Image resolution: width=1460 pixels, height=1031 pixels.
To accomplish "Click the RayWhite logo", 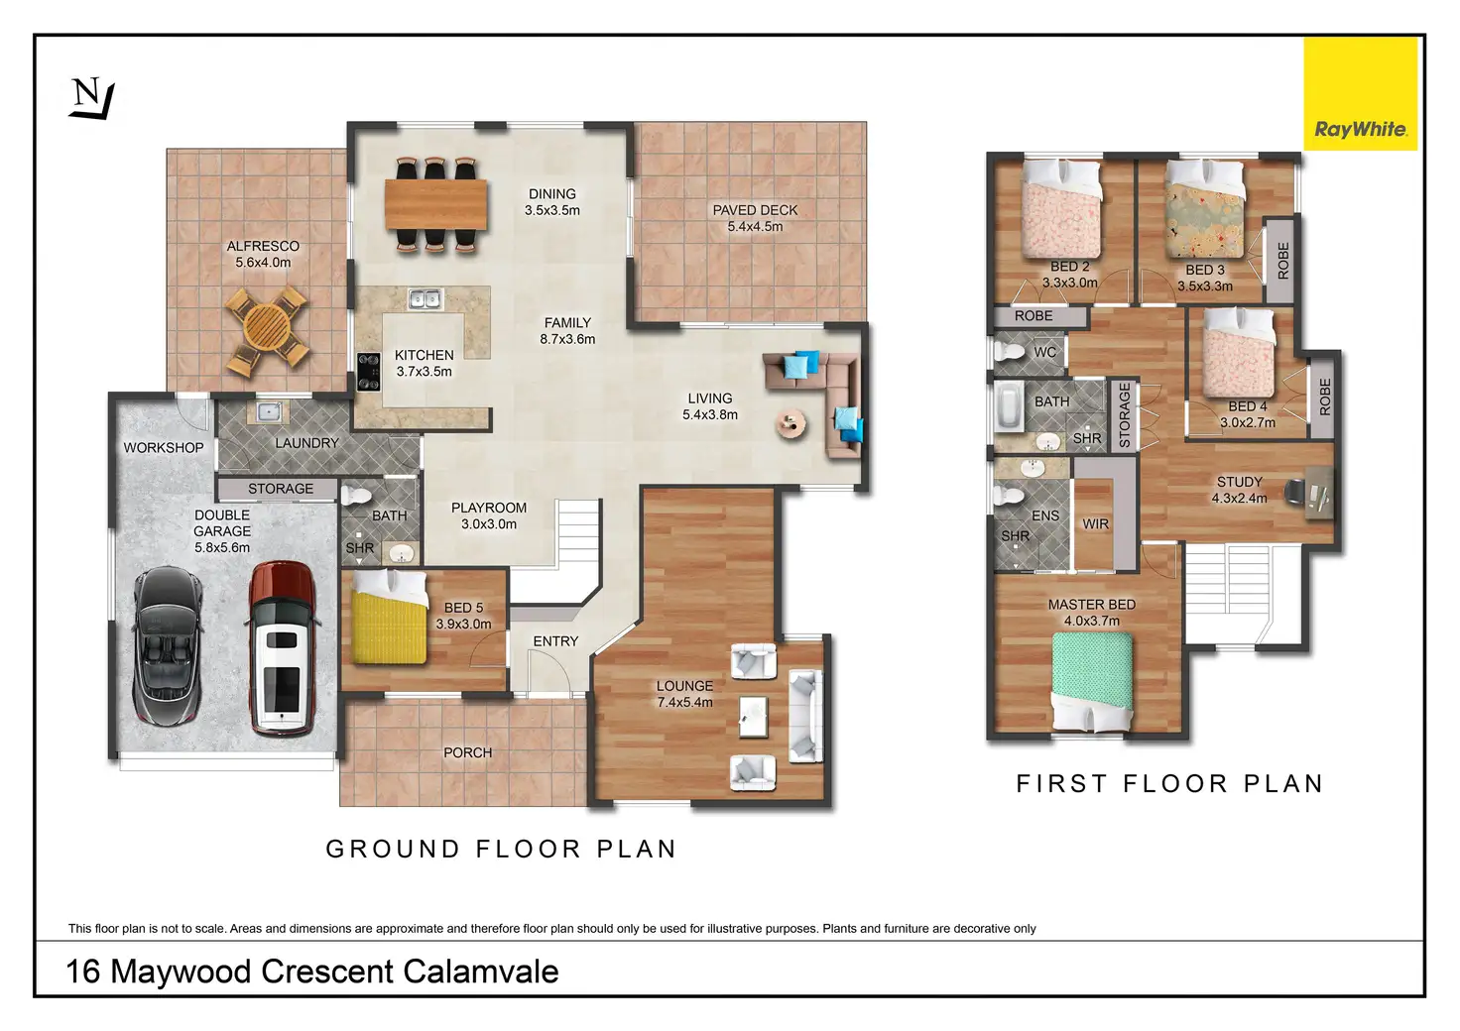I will (x=1360, y=94).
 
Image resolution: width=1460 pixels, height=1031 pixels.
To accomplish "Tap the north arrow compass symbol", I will (x=90, y=99).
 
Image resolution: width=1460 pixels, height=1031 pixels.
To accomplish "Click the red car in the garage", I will (x=281, y=648).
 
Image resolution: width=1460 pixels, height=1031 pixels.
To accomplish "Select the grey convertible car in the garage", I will (x=168, y=645).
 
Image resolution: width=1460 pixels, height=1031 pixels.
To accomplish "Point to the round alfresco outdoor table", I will (x=267, y=328).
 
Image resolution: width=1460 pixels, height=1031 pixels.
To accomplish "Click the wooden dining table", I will (x=436, y=203).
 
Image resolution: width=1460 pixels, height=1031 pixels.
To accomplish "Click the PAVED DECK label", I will (x=755, y=210).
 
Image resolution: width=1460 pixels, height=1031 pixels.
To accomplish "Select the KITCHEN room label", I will (x=424, y=355).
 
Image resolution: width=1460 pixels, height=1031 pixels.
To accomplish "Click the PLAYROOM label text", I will (x=489, y=508).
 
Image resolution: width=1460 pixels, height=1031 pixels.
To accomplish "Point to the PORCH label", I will (x=467, y=752).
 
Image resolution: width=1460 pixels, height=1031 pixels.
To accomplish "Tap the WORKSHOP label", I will (x=164, y=448).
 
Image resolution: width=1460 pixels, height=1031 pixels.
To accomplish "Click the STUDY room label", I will (x=1239, y=482).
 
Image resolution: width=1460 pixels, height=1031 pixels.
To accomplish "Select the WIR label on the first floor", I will (x=1095, y=524).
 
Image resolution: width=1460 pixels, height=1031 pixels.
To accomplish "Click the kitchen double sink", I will (x=426, y=297).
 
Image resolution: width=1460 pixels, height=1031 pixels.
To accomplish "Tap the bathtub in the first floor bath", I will (x=1010, y=406).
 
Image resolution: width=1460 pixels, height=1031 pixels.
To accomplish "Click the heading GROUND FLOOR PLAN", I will (x=501, y=850).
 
